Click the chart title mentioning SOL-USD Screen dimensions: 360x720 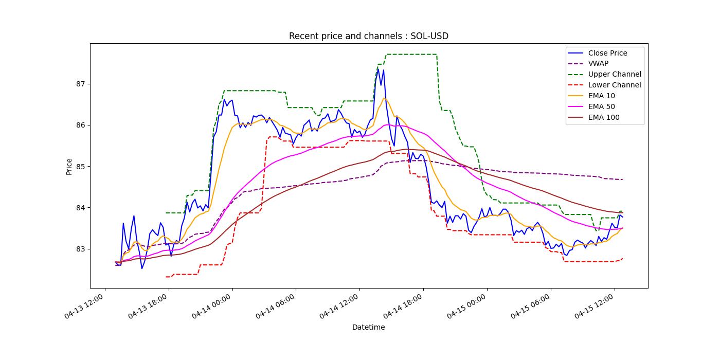[x=368, y=36]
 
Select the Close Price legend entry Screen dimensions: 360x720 [x=607, y=53]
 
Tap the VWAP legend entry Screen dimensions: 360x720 [x=598, y=64]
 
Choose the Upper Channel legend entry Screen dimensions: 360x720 [x=614, y=74]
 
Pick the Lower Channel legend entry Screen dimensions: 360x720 [x=614, y=85]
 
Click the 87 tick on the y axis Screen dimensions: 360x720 [x=81, y=84]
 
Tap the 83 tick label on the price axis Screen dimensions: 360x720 [x=81, y=249]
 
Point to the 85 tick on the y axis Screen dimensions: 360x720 [x=81, y=167]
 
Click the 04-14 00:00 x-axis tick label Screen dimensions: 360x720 [x=212, y=308]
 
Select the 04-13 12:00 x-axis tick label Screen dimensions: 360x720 [x=85, y=308]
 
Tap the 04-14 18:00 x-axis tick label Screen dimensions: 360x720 [x=403, y=308]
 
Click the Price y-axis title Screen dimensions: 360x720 [x=69, y=166]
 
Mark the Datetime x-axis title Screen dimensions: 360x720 [x=368, y=327]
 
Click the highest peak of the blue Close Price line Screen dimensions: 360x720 [x=378, y=69]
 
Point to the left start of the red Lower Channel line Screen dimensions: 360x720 [x=166, y=277]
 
